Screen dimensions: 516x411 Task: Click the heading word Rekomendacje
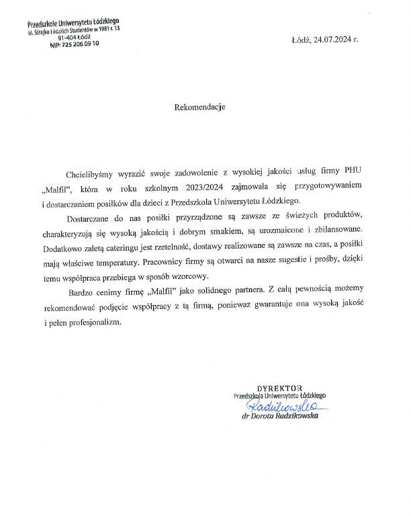[x=199, y=105]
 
